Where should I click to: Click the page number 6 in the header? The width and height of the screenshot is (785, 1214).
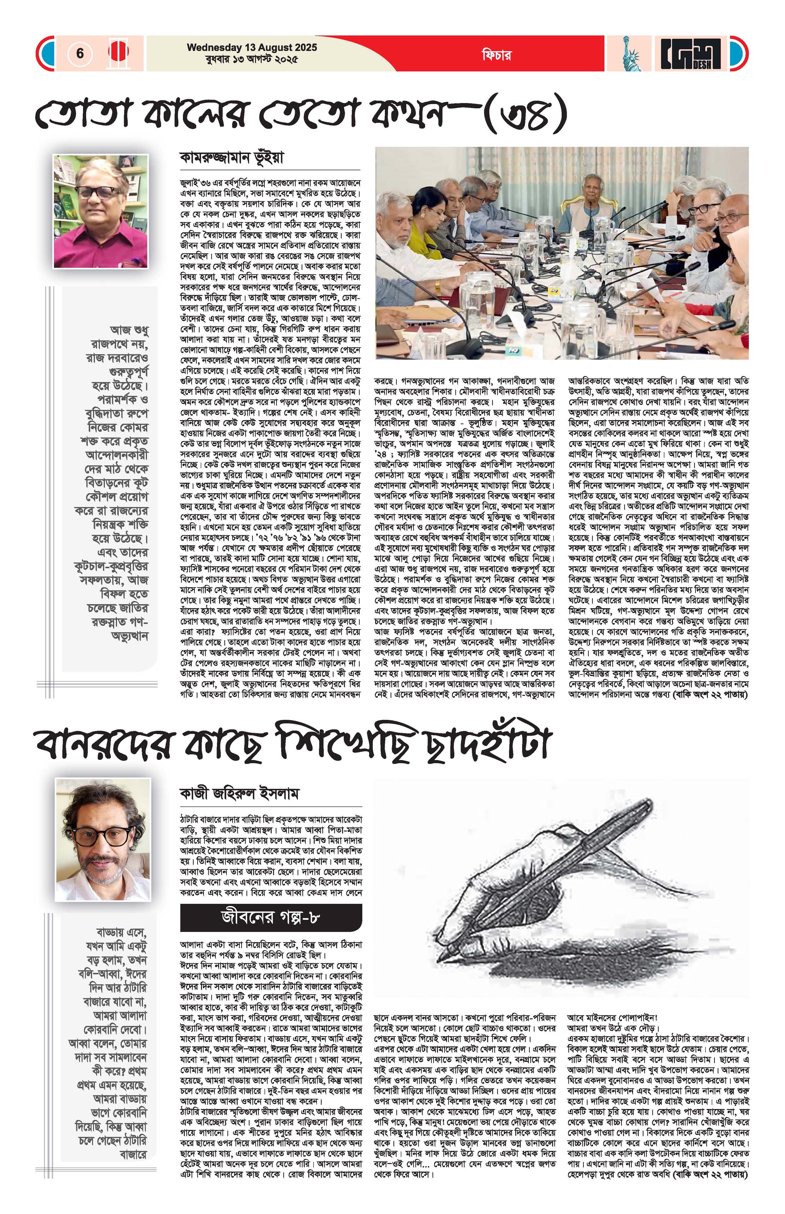(x=80, y=53)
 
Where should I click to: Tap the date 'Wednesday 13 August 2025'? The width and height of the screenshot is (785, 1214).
(x=252, y=47)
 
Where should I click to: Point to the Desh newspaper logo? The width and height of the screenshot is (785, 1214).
(x=691, y=54)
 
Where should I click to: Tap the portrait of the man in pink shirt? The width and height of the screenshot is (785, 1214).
(x=101, y=211)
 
